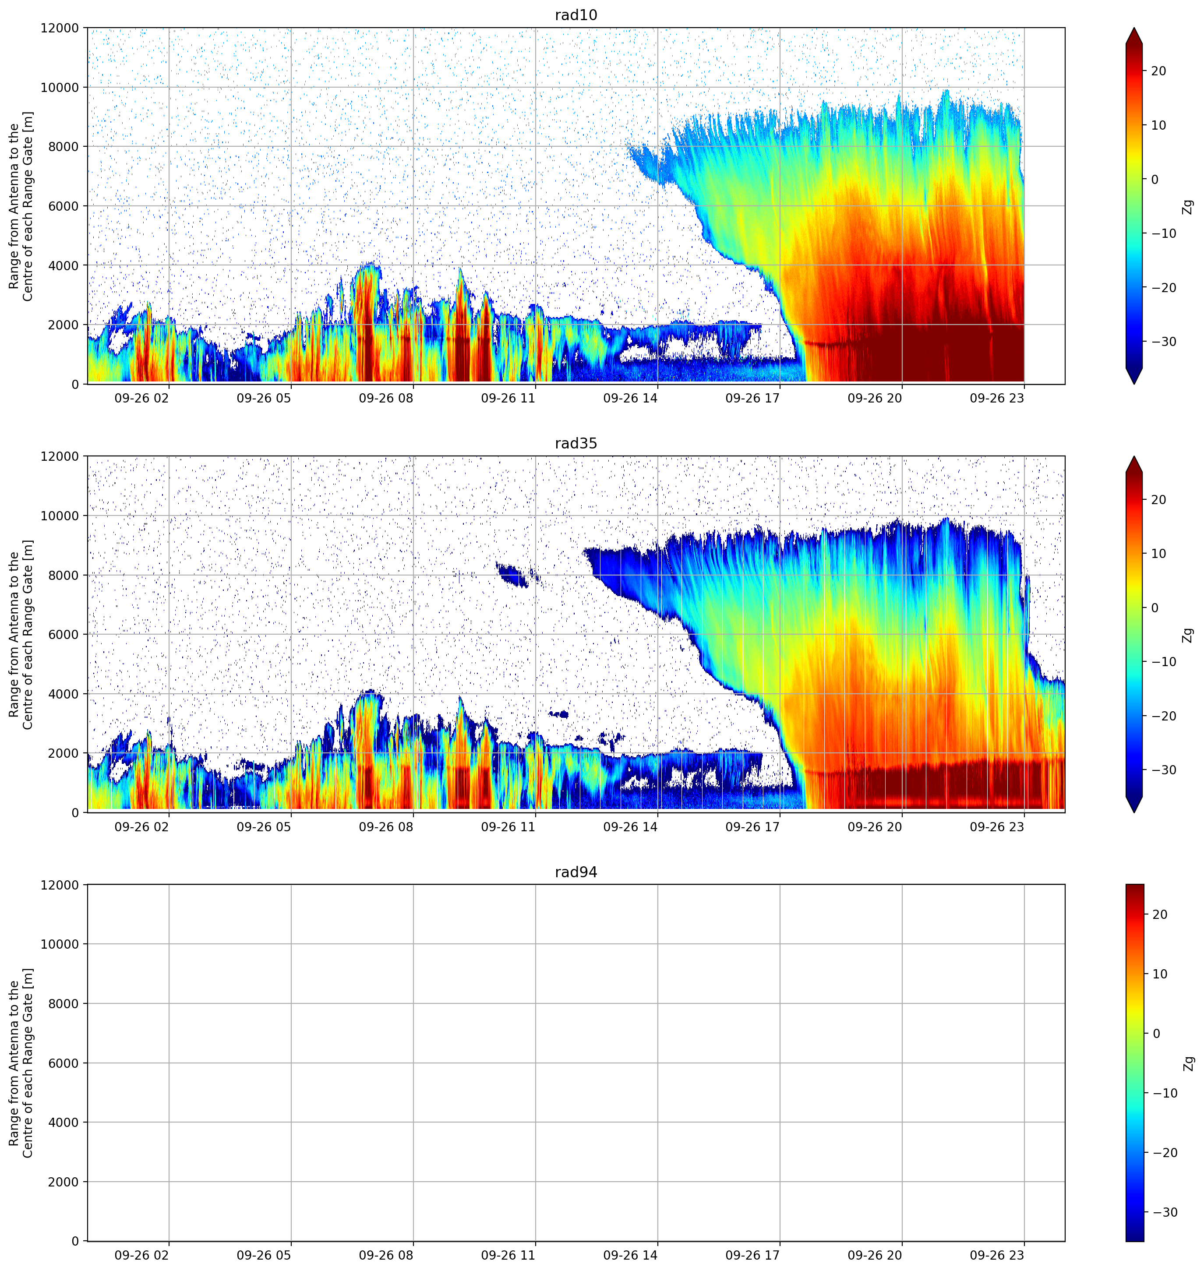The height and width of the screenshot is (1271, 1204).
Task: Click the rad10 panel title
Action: click(x=576, y=15)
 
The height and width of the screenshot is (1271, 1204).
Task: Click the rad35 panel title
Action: click(x=576, y=444)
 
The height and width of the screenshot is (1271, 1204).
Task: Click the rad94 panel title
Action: click(x=576, y=872)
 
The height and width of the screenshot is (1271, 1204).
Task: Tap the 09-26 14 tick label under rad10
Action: click(x=630, y=398)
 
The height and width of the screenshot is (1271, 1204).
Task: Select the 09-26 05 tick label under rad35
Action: click(x=264, y=827)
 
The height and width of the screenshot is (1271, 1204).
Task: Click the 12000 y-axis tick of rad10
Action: click(x=60, y=28)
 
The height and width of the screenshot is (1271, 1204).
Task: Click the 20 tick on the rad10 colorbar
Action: click(x=1158, y=71)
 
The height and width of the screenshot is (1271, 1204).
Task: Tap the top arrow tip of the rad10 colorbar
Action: click(x=1134, y=28)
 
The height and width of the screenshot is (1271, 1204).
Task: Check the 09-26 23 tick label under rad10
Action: click(x=997, y=398)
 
